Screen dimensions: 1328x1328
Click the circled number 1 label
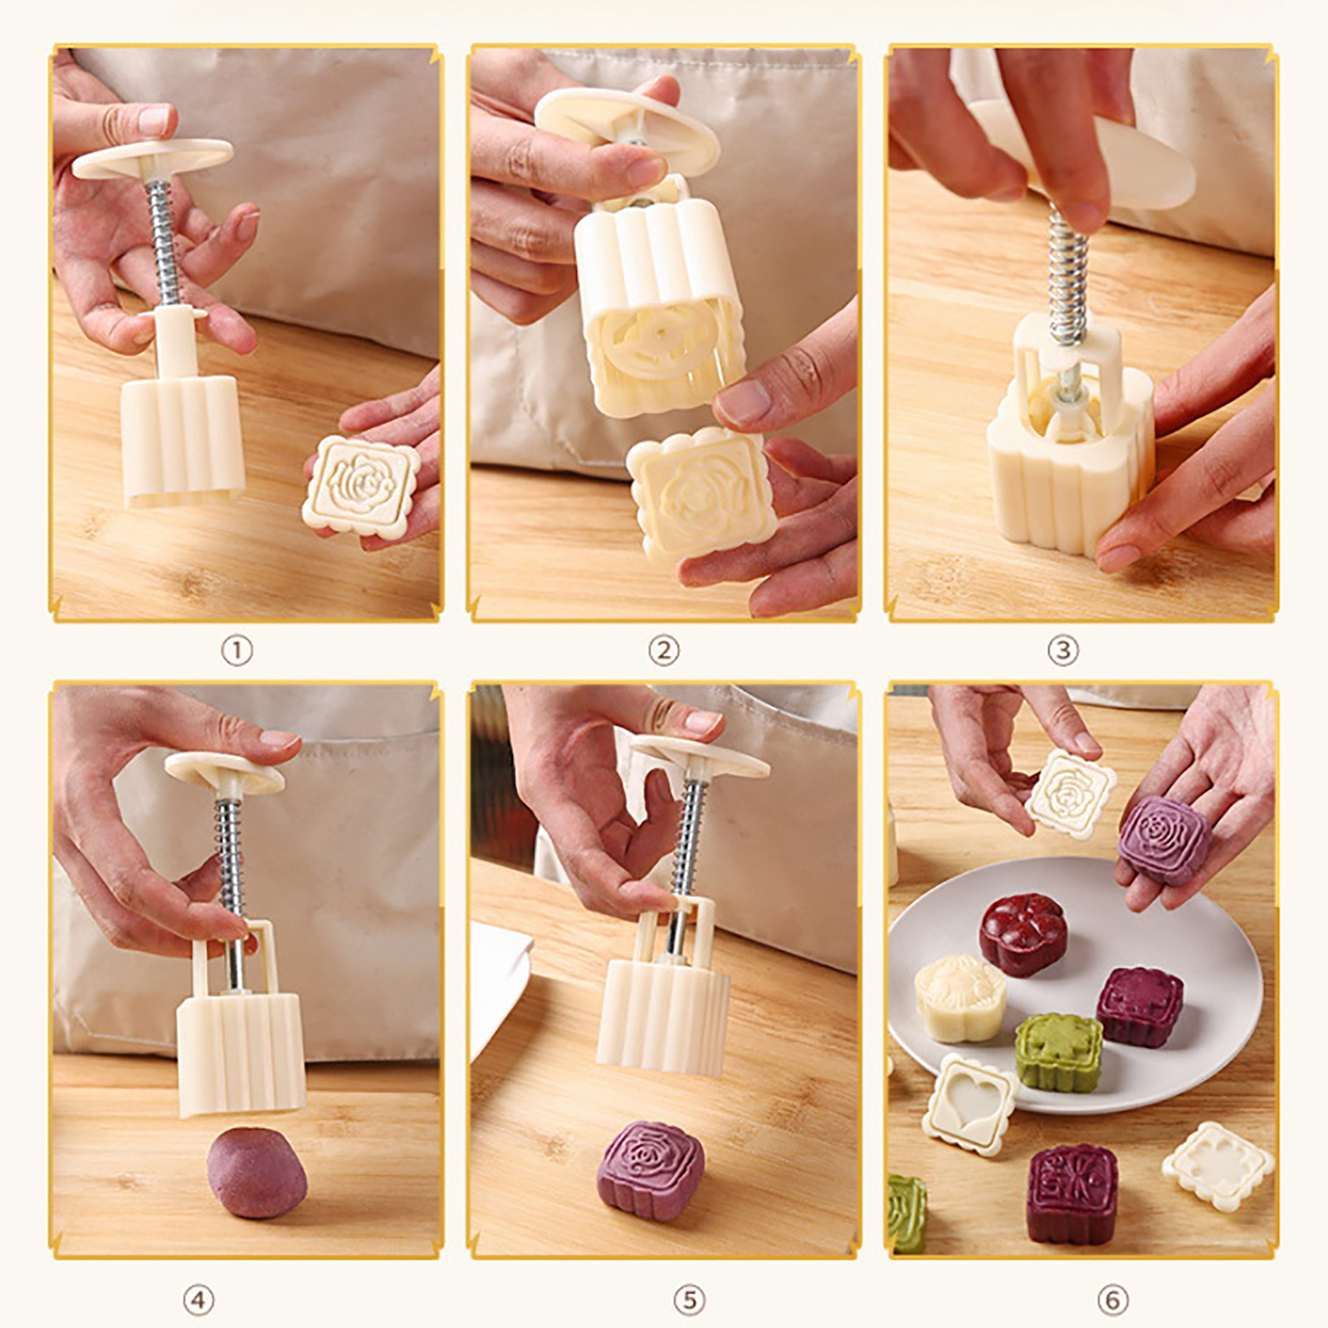(x=237, y=651)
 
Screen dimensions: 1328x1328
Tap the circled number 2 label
(x=663, y=651)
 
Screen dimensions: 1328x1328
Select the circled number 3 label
(x=1062, y=651)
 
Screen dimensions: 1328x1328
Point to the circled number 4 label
(x=198, y=1299)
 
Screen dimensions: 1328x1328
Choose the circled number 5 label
(x=689, y=1299)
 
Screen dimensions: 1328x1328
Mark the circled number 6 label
(x=1112, y=1299)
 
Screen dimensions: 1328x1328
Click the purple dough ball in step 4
(x=256, y=1172)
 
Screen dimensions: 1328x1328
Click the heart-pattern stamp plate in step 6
(x=969, y=1105)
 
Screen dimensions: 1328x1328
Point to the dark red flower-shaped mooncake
(x=1023, y=934)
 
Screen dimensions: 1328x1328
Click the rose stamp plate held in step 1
(x=361, y=487)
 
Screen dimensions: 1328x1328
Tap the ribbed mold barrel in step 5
(x=663, y=1017)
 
